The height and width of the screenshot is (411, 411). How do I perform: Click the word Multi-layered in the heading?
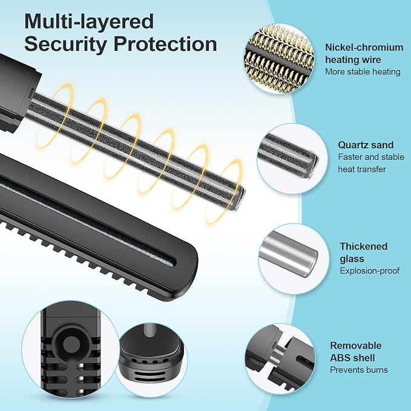89,22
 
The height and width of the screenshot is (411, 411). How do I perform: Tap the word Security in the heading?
65,45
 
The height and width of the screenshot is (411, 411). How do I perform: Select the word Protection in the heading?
165,44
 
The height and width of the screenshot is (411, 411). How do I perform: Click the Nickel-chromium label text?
364,47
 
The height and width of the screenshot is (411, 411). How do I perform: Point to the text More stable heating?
363,71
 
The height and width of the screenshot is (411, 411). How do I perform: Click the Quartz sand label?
366,145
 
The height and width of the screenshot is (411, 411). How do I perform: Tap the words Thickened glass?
364,252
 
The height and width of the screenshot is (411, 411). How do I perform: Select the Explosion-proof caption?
370,271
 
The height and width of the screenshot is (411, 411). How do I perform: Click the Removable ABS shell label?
356,352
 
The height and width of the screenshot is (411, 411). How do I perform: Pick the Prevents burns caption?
359,370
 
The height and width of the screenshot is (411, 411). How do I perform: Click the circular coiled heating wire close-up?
279,59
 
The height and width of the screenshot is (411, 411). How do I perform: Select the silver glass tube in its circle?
288,254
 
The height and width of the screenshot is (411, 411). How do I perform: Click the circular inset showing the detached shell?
280,359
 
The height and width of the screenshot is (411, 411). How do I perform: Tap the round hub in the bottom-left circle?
71,343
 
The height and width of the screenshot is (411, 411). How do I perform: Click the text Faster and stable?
371,157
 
